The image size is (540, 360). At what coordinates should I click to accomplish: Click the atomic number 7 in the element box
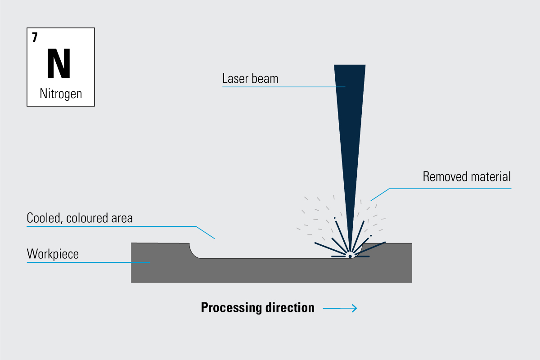(35, 38)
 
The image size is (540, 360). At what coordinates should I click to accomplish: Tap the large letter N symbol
(59, 63)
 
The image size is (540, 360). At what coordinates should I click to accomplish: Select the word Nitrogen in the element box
(61, 94)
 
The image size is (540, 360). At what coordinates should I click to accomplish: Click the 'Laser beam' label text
(250, 79)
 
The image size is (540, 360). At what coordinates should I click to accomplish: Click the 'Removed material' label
(467, 176)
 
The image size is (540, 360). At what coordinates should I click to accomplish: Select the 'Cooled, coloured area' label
(80, 218)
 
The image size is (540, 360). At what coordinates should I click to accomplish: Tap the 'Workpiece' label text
(53, 254)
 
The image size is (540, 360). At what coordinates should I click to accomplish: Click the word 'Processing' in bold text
(232, 308)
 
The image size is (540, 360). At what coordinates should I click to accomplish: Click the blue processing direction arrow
(340, 308)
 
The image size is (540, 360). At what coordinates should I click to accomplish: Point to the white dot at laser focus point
(350, 256)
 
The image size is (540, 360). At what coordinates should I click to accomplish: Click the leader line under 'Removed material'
(450, 188)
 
